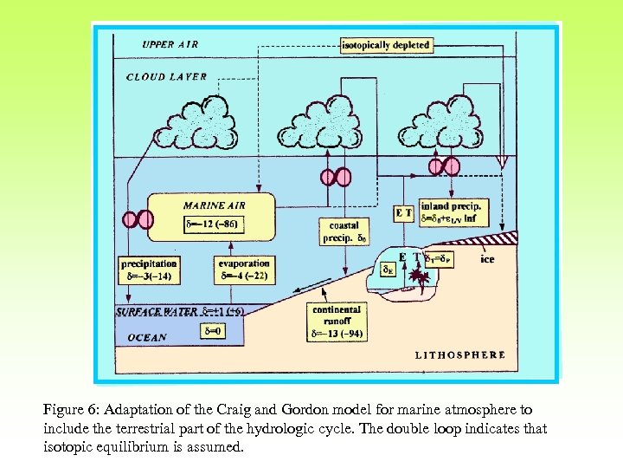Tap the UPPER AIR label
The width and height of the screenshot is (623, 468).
click(x=170, y=44)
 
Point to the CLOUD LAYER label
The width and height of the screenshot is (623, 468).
click(x=167, y=76)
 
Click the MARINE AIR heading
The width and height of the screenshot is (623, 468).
click(x=214, y=205)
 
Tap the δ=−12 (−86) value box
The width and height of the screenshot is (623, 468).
click(x=213, y=224)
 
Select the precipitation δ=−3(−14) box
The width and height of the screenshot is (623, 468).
click(x=150, y=270)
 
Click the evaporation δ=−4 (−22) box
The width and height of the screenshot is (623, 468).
click(x=244, y=270)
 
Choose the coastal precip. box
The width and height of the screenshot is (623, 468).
click(x=344, y=231)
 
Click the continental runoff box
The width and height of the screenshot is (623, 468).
click(x=337, y=321)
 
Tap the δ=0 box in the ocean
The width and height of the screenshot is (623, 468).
click(x=212, y=330)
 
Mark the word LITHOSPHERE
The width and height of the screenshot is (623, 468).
click(x=460, y=354)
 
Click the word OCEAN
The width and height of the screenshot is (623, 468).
click(x=147, y=337)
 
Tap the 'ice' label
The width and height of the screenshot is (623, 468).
click(x=487, y=259)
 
